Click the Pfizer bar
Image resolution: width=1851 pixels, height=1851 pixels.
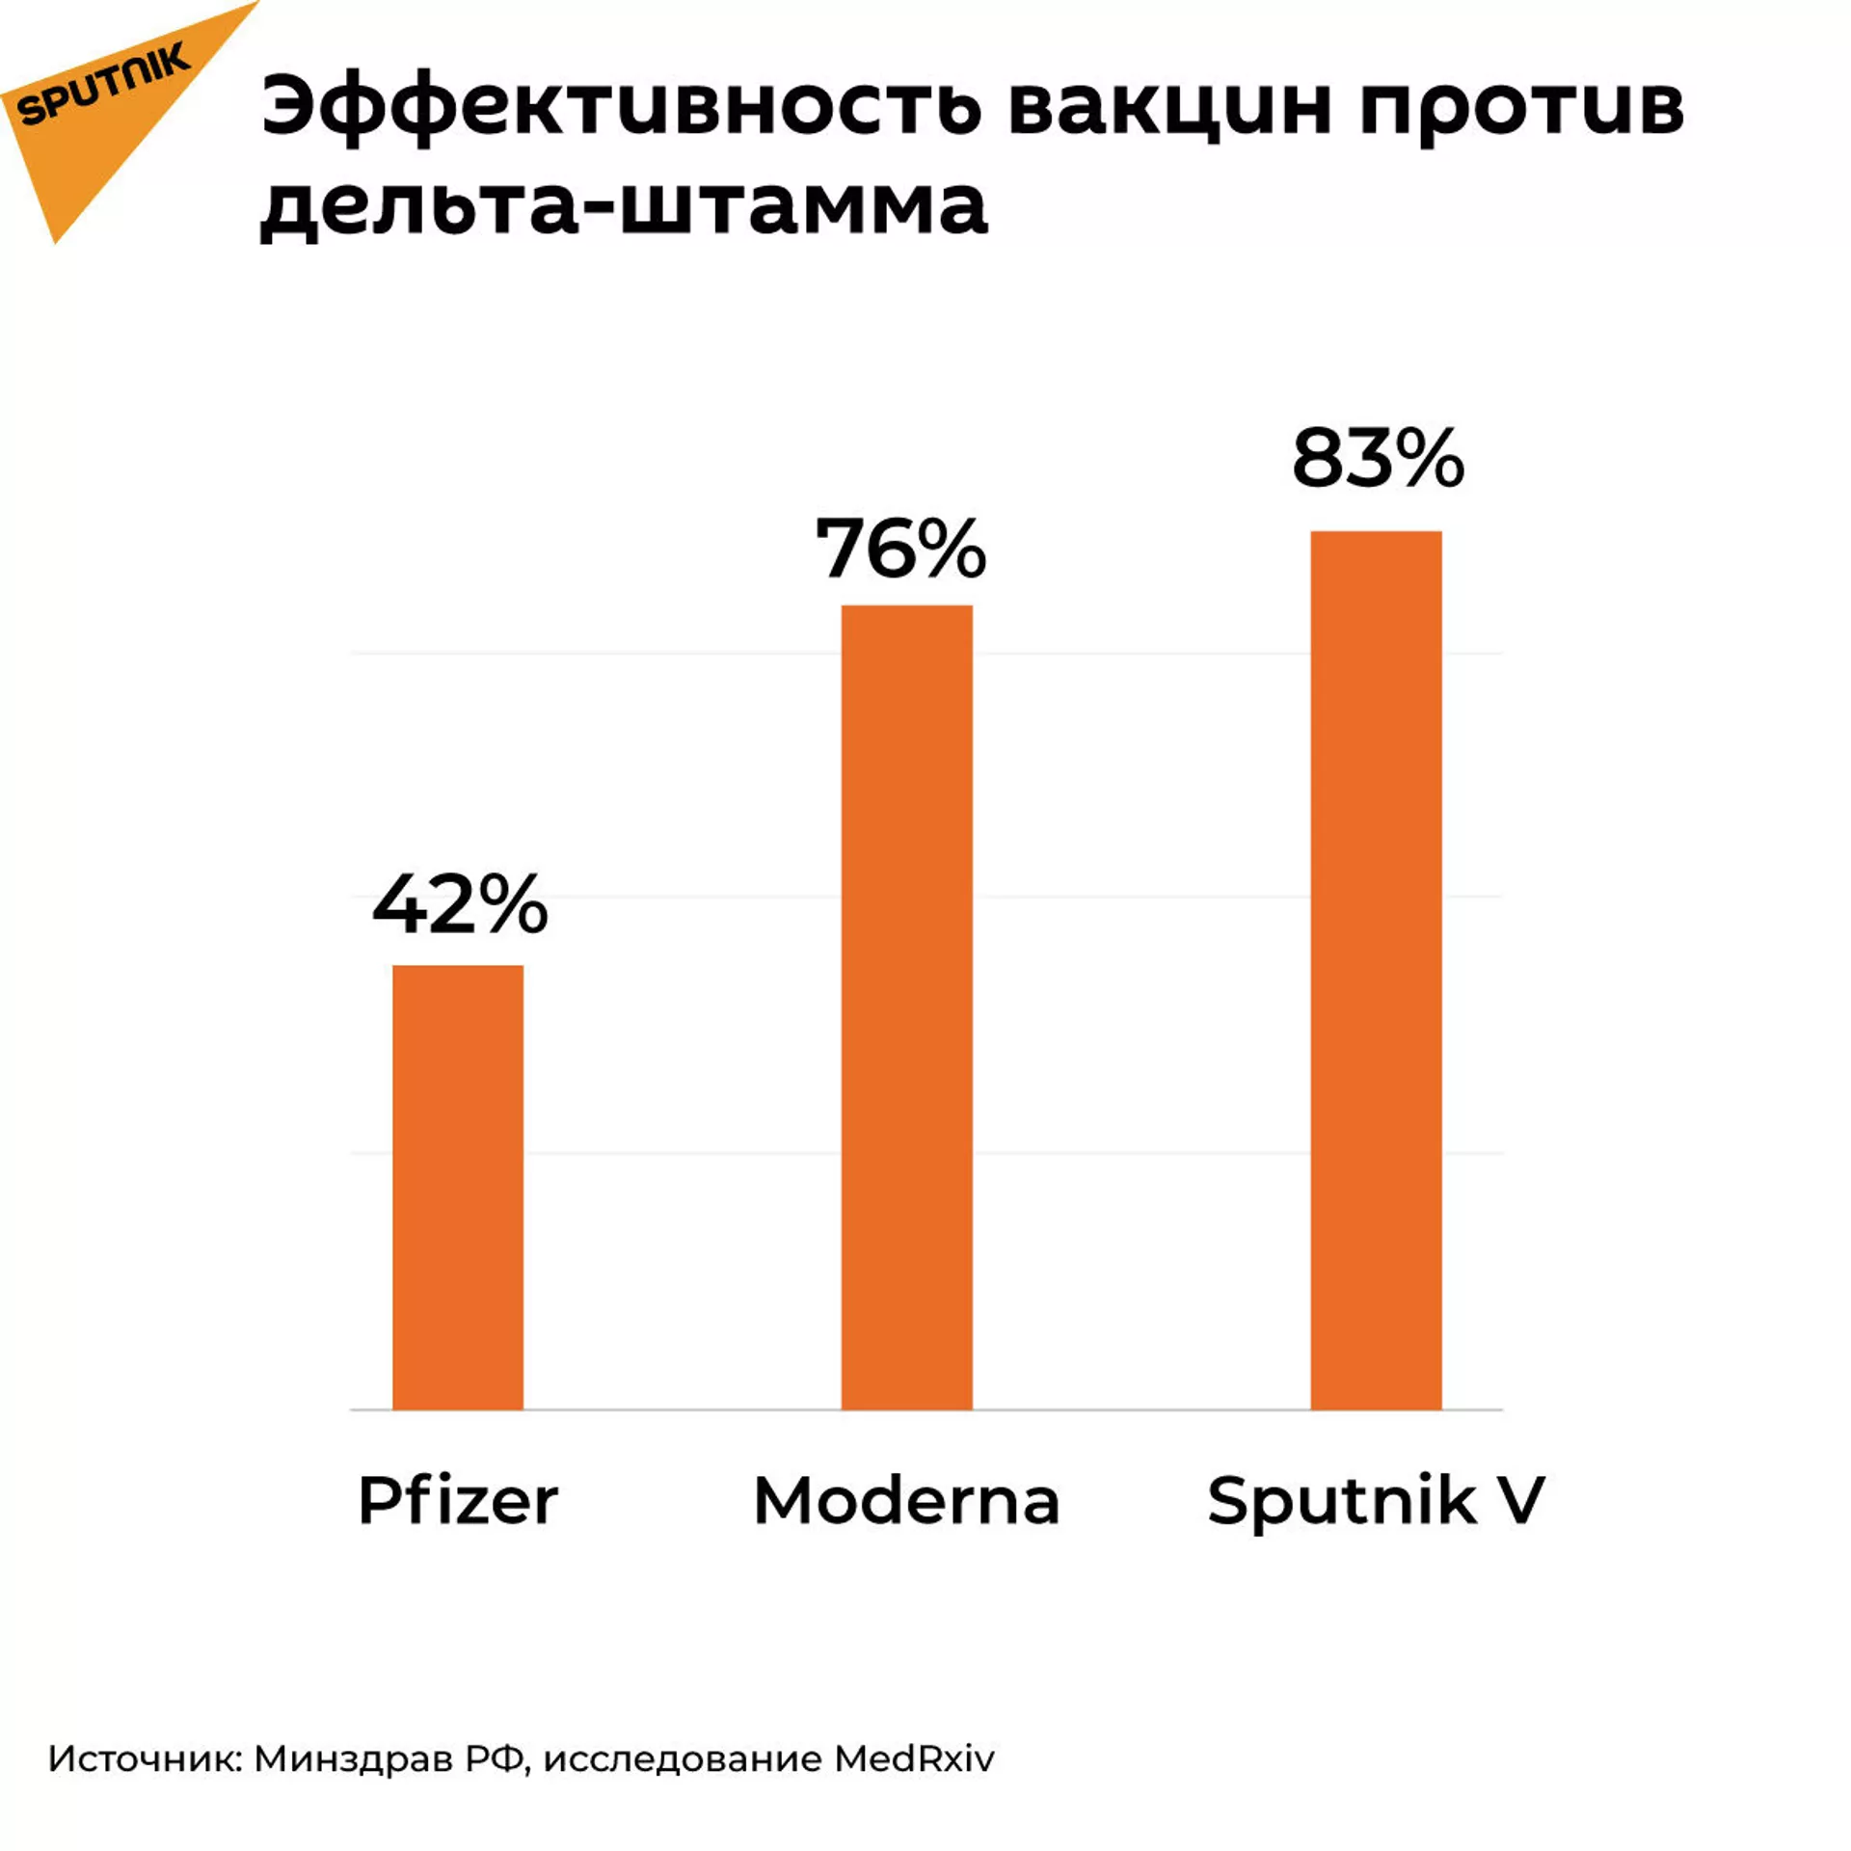point(458,1187)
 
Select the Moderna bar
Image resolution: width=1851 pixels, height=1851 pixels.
point(906,1007)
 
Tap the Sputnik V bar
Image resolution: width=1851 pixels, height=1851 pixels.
point(1376,970)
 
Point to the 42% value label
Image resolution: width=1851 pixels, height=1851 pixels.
point(460,906)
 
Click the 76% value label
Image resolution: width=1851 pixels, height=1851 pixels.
point(900,549)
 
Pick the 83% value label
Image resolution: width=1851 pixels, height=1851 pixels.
point(1378,459)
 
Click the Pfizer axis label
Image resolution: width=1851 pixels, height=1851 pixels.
point(458,1501)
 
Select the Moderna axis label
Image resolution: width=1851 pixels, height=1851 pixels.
point(906,1501)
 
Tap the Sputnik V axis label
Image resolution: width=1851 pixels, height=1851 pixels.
point(1376,1501)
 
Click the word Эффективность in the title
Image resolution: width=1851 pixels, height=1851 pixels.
point(622,108)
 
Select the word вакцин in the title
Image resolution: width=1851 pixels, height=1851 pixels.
point(1170,108)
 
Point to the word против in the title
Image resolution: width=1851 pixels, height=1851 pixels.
point(1522,108)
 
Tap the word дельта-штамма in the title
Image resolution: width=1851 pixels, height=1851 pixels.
point(624,206)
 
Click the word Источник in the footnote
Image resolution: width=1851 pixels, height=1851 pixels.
point(145,1759)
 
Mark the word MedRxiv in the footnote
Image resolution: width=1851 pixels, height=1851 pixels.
point(914,1759)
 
